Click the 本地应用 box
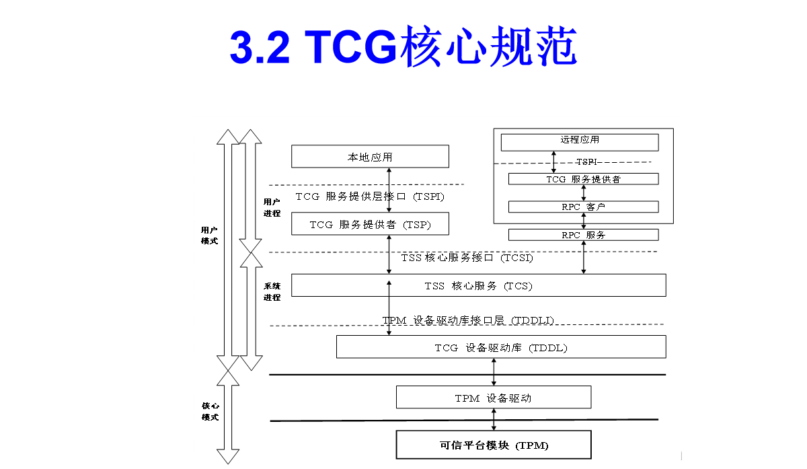coord(370,157)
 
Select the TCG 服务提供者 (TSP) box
coord(370,224)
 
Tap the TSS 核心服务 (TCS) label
coord(478,286)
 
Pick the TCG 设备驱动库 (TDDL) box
coord(501,347)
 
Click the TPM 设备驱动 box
coord(493,398)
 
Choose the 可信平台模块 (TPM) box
coord(493,445)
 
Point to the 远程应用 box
coord(579,141)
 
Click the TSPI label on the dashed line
coord(586,162)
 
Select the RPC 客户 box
coord(583,207)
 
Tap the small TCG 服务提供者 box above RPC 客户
coord(583,179)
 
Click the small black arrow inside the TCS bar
coord(389,288)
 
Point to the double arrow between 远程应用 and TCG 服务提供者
coord(554,162)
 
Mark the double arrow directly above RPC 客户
coord(584,192)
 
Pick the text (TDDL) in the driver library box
coord(547,348)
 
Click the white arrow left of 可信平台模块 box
coord(228,417)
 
